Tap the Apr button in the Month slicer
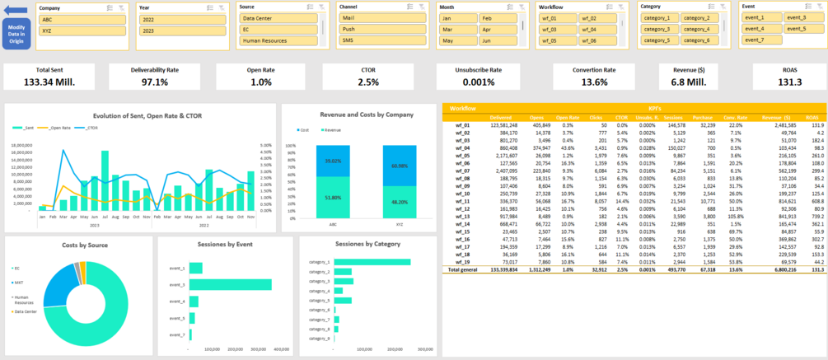pos(498,29)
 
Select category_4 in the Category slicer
pos(696,29)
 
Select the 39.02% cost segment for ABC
pos(333,161)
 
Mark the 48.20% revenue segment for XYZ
pos(400,201)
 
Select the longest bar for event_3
pos(230,307)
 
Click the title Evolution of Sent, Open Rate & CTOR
pos(147,116)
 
